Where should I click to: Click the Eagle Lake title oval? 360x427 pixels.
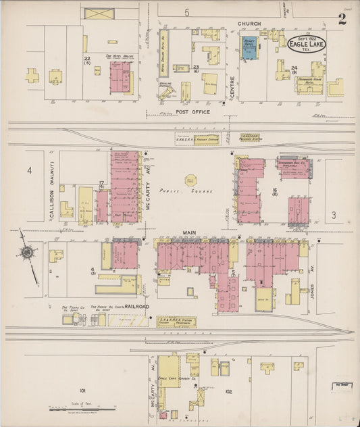(307, 45)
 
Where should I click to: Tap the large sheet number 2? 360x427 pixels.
(343, 19)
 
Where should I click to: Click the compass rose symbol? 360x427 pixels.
(27, 253)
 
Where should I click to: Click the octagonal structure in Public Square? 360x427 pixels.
(191, 180)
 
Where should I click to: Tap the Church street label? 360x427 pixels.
(249, 24)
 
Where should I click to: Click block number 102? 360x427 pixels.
(228, 391)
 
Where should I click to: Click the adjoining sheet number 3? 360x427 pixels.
(334, 215)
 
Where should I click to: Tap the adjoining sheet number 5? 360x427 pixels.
(186, 12)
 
